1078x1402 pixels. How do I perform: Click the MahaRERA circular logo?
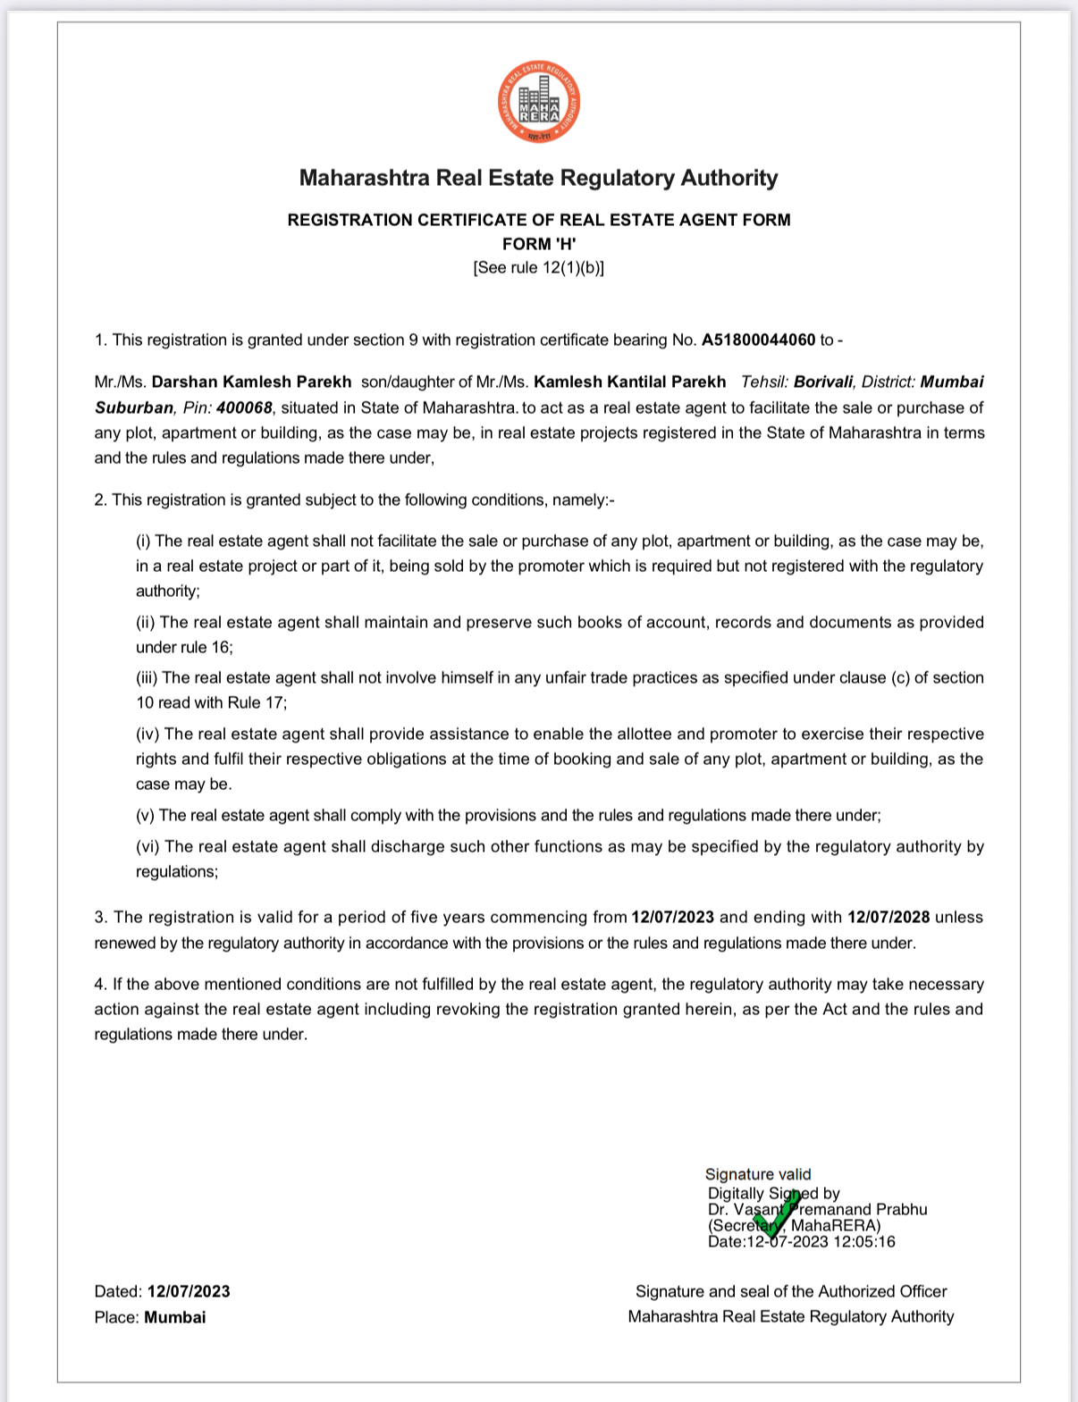539,102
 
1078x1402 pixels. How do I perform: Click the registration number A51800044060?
758,340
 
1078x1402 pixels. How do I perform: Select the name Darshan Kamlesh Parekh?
251,382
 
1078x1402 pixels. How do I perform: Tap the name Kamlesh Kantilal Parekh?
629,382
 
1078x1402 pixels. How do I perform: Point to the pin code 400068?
244,407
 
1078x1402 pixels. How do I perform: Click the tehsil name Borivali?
822,382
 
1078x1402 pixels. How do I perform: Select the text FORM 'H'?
539,243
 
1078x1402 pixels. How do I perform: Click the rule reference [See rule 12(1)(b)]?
539,267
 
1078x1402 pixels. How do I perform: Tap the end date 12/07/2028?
889,917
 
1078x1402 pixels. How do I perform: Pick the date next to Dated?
189,1291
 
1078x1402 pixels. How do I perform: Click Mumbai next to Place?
175,1317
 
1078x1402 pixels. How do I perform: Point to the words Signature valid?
758,1174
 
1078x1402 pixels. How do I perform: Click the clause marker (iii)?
147,678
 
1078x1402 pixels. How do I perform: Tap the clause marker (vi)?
147,846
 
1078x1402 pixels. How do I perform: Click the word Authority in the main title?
729,178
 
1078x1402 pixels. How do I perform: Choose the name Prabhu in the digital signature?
901,1209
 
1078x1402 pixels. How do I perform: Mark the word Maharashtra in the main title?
364,178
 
